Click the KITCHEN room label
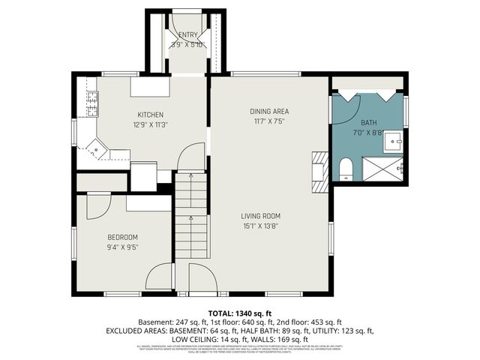[150, 115]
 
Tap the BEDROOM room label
[123, 237]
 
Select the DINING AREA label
[269, 112]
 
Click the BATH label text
[368, 122]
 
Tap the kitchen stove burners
[93, 104]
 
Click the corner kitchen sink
[97, 149]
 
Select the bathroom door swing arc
[346, 104]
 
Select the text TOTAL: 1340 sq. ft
[240, 313]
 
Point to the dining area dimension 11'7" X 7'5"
[269, 121]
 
